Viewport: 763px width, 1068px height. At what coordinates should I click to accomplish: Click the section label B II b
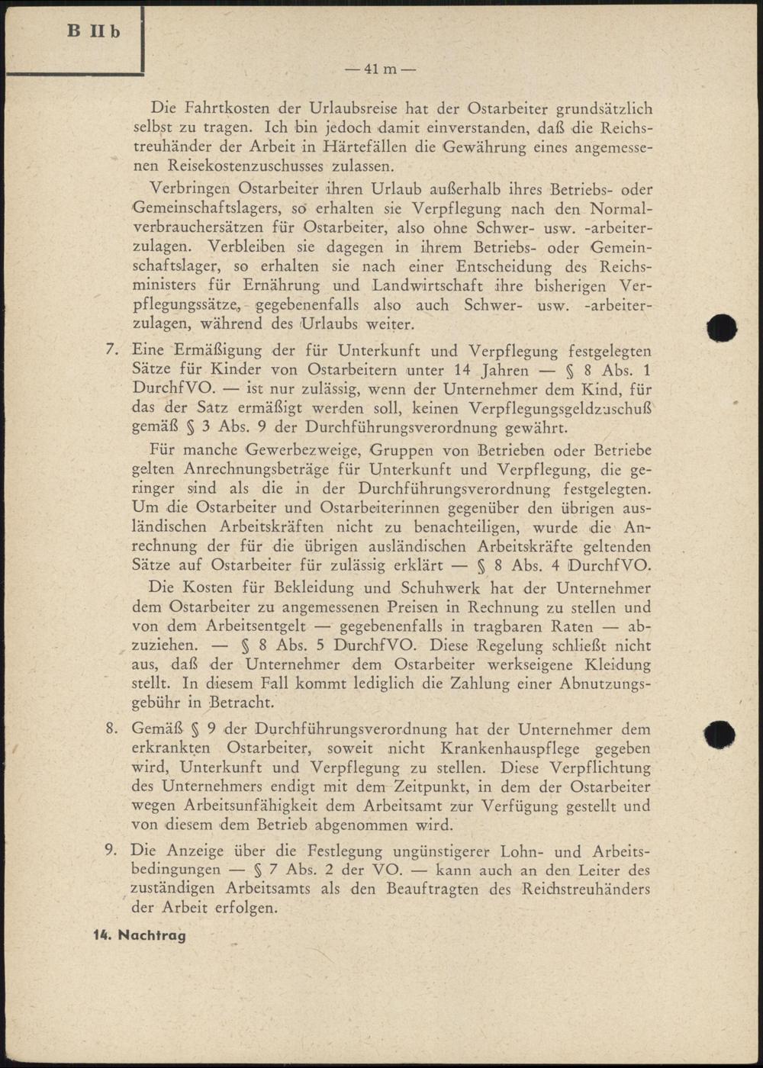pos(94,32)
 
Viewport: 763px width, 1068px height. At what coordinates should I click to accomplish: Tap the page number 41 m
pos(380,69)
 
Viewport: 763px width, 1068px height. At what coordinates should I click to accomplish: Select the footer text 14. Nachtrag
pos(140,934)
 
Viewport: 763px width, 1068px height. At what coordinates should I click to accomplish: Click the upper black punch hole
pos(721,328)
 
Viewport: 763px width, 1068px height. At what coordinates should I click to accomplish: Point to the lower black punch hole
pos(719,734)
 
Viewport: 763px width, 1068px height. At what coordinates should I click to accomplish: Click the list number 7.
pos(112,351)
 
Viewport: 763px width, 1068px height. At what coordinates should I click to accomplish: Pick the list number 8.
pos(112,729)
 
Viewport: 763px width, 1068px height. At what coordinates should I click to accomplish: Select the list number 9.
pos(112,851)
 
